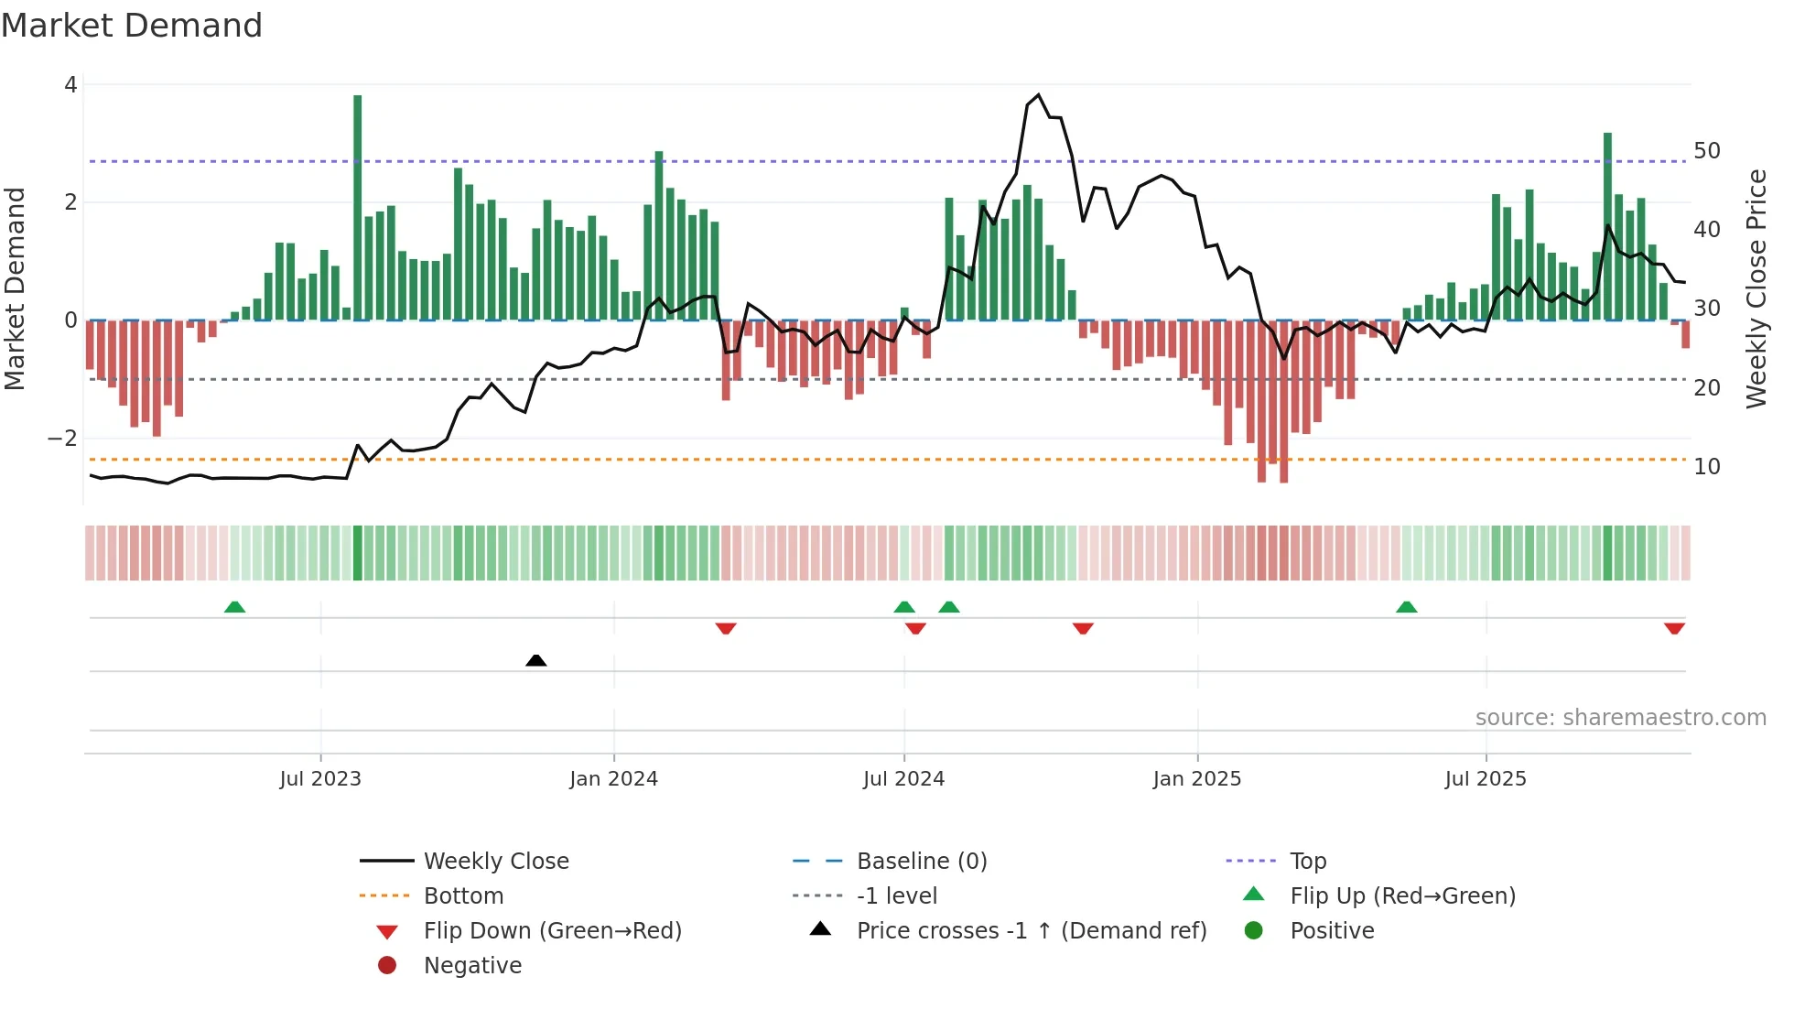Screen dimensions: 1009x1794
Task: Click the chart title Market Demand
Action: tap(132, 26)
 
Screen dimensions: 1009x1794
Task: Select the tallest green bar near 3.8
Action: tap(357, 206)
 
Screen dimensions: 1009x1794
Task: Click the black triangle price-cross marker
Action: tap(536, 660)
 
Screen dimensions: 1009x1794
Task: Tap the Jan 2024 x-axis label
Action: tap(613, 779)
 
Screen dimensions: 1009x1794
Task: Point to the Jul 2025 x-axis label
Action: tap(1486, 779)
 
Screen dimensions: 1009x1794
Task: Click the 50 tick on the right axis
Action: tap(1706, 151)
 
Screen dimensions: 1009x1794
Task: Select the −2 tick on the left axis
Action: tap(63, 439)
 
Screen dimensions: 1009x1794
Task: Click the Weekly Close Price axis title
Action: tap(1756, 288)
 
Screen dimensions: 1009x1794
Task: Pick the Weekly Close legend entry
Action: tap(495, 862)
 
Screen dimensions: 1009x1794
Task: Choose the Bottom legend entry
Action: tap(463, 896)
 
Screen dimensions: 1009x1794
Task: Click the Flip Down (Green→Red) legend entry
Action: tap(552, 931)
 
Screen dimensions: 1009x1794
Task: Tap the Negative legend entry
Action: tap(472, 966)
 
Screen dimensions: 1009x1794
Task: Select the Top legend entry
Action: tap(1308, 862)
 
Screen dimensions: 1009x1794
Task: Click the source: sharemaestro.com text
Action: tap(1620, 718)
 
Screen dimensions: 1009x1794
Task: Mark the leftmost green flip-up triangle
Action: tap(234, 607)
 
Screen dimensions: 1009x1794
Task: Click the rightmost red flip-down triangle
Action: tap(1674, 628)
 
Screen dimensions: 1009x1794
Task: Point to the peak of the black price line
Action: tap(1038, 95)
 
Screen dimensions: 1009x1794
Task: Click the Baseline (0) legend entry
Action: tap(921, 862)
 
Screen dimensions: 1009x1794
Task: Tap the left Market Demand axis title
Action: tap(16, 288)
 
